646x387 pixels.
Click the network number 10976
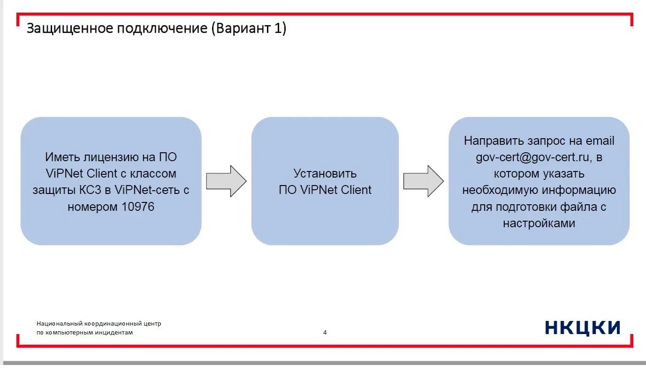137,207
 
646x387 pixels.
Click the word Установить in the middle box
325,173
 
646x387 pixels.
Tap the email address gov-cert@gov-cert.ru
532,157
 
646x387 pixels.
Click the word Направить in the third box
493,141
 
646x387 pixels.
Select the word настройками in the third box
539,223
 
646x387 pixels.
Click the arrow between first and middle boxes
226,181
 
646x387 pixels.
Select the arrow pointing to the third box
423,181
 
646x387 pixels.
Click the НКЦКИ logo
583,327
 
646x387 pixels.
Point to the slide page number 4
325,333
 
